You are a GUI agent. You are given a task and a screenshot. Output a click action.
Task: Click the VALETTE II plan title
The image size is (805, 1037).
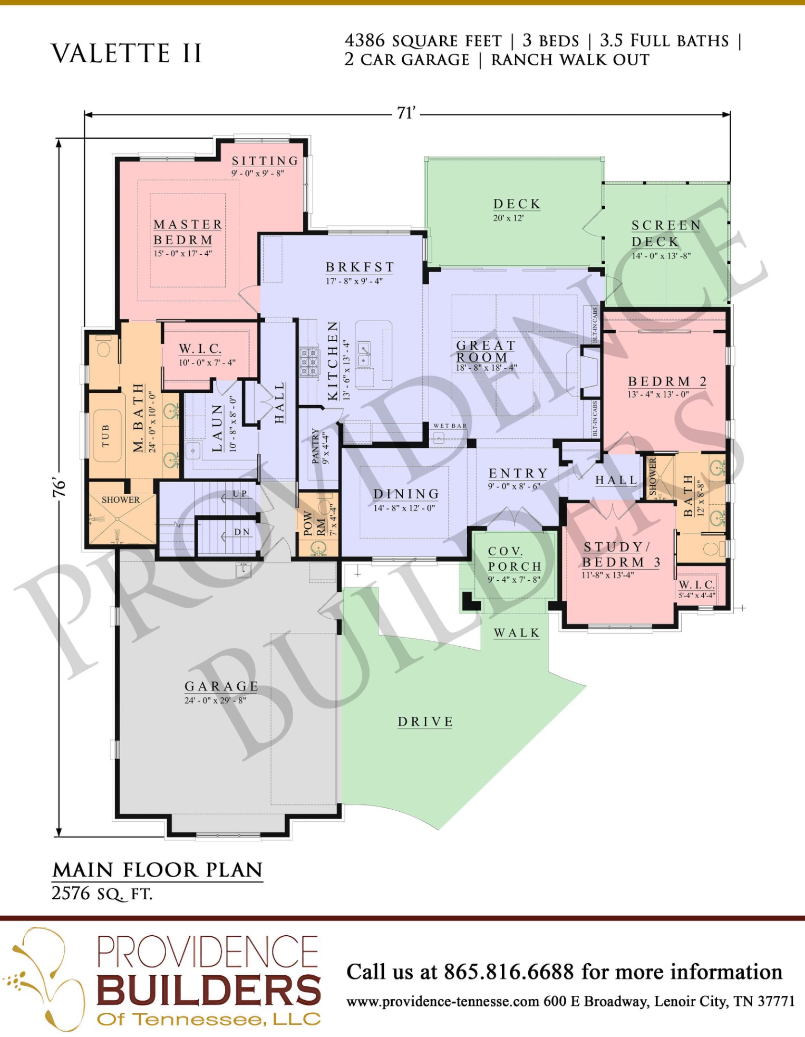pyautogui.click(x=127, y=53)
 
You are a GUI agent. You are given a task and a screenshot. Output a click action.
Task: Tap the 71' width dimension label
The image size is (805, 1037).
pyautogui.click(x=406, y=113)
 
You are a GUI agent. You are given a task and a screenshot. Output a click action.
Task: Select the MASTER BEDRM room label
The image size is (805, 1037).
pyautogui.click(x=188, y=232)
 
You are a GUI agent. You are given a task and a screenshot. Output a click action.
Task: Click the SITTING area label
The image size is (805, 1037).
pyautogui.click(x=265, y=160)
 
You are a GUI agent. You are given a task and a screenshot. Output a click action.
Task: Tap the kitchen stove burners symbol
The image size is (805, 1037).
pyautogui.click(x=309, y=361)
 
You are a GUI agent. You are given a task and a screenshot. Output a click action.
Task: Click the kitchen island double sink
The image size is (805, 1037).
pyautogui.click(x=364, y=354)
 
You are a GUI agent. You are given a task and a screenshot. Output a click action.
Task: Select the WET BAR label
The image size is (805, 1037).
pyautogui.click(x=450, y=426)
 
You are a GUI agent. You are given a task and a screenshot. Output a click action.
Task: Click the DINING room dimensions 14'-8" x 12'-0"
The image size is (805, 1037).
pyautogui.click(x=404, y=508)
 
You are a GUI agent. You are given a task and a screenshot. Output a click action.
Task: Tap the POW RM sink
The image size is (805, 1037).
pyautogui.click(x=318, y=549)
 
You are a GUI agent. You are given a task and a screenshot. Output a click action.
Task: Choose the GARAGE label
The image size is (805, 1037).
pyautogui.click(x=221, y=686)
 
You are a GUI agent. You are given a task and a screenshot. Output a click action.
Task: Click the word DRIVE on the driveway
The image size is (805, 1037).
pyautogui.click(x=425, y=722)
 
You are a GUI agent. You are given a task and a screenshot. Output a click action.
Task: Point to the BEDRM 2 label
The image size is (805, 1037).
pyautogui.click(x=667, y=381)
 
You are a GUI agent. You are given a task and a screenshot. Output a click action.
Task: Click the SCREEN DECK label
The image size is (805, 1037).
pyautogui.click(x=666, y=233)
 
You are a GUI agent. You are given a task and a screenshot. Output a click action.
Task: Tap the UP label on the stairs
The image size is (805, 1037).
pyautogui.click(x=240, y=494)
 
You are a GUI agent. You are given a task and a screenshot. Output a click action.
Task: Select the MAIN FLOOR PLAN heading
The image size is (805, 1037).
pyautogui.click(x=158, y=870)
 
